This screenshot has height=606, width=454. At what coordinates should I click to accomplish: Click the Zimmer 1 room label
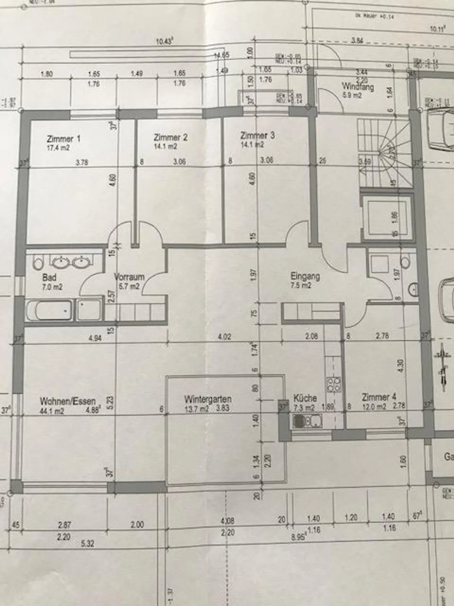pyautogui.click(x=63, y=139)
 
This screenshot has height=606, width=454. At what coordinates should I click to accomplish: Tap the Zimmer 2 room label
pyautogui.click(x=171, y=137)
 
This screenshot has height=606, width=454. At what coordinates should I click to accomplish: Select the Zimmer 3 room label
pyautogui.click(x=257, y=136)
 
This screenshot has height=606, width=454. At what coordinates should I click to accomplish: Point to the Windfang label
pyautogui.click(x=358, y=86)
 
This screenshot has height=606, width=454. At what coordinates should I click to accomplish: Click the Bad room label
pyautogui.click(x=49, y=277)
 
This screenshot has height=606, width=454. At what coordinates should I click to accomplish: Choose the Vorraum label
pyautogui.click(x=129, y=277)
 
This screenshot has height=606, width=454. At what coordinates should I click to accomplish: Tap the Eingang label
pyautogui.click(x=305, y=276)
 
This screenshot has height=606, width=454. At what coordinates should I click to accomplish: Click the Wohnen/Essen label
pyautogui.click(x=67, y=401)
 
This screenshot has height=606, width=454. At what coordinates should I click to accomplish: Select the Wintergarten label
pyautogui.click(x=208, y=399)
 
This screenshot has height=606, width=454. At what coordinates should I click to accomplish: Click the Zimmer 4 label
pyautogui.click(x=379, y=397)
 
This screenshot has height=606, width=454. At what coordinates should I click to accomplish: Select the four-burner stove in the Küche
pyautogui.click(x=334, y=385)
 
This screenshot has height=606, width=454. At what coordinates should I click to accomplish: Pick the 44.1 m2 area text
pyautogui.click(x=52, y=411)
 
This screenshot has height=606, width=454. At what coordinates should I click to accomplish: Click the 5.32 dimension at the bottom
pyautogui.click(x=87, y=544)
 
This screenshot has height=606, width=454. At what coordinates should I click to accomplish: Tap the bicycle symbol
pyautogui.click(x=441, y=366)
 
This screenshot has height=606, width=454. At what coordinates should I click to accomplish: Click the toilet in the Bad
pyautogui.click(x=38, y=263)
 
